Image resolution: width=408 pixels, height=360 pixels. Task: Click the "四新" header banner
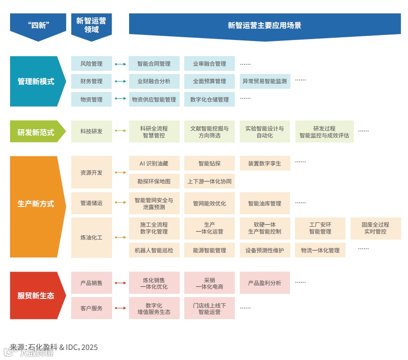pos(38,25)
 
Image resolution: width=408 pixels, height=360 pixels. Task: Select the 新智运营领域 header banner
pos(91,25)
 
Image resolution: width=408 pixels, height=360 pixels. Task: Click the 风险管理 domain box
pos(91,63)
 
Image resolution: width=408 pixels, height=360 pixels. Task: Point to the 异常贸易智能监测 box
pos(265,81)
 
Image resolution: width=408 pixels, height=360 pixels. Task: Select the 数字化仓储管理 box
pos(209,99)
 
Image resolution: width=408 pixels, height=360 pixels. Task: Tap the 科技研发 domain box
pos(91,131)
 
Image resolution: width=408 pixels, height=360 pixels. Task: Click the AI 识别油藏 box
pos(154,163)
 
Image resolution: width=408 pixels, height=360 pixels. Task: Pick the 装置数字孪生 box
pos(265,163)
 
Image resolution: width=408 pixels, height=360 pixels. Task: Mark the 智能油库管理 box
pos(265,203)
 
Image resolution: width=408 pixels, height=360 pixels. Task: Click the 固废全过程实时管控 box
pos(375,228)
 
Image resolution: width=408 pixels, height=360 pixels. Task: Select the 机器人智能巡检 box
pos(154,250)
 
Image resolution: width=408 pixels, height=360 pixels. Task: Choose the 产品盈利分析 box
pos(265,283)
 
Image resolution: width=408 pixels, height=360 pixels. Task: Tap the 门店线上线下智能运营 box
pos(209,308)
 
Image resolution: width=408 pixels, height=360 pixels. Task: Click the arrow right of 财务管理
pos(120,81)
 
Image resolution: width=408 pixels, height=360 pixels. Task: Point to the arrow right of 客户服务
pos(120,308)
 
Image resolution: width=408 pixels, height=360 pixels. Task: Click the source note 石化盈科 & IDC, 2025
pos(54,347)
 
